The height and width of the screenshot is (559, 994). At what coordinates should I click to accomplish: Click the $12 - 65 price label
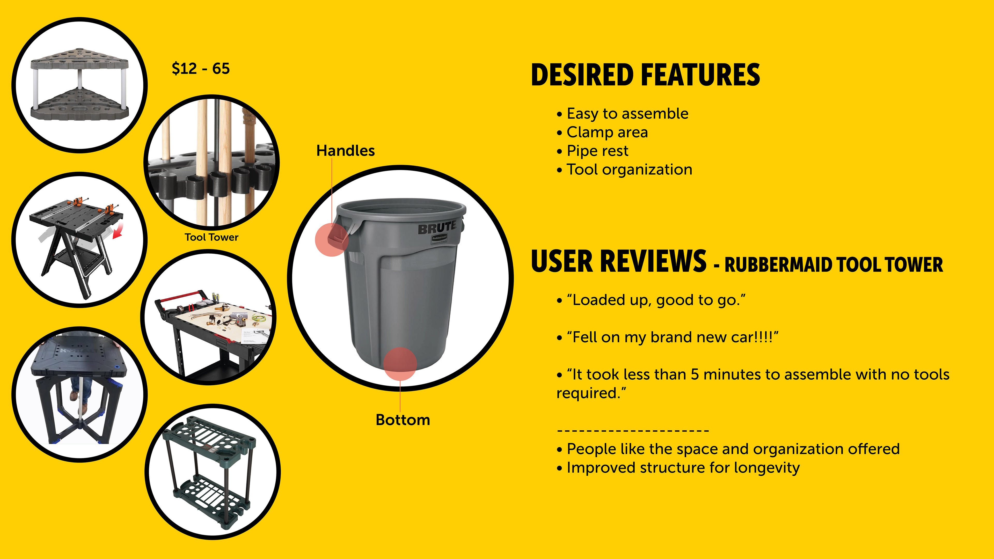(x=201, y=69)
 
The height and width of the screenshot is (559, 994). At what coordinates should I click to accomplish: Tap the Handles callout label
(x=345, y=150)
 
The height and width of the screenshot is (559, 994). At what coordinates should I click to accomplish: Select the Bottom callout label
(x=403, y=420)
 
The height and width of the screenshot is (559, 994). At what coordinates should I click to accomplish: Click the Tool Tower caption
(x=211, y=237)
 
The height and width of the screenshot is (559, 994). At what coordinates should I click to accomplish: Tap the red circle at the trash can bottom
(x=400, y=364)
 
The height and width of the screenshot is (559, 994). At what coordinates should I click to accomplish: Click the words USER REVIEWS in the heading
(x=619, y=261)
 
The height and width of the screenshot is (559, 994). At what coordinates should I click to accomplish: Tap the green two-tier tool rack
(x=209, y=473)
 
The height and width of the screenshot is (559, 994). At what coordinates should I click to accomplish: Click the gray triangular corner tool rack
(x=79, y=84)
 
